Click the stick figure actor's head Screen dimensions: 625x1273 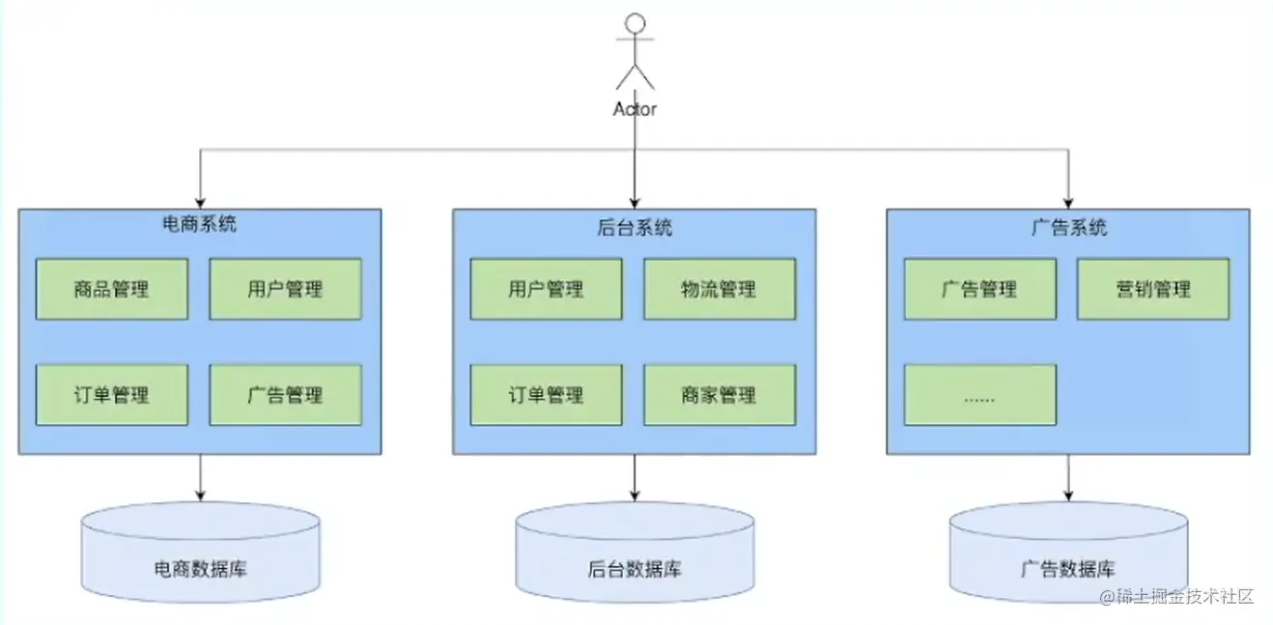pos(635,23)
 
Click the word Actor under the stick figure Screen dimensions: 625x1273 pos(635,109)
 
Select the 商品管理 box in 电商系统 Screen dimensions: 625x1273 pos(112,289)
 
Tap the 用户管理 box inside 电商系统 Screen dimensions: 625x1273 pos(285,289)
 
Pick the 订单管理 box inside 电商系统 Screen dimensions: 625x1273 pos(112,395)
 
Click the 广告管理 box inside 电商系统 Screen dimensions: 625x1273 pos(285,395)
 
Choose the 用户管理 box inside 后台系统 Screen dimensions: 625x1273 pos(546,289)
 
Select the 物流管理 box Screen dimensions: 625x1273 pos(720,289)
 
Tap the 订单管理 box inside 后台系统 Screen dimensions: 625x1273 pos(546,395)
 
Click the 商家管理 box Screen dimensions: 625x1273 pos(720,395)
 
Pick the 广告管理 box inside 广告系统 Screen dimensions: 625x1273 pos(979,289)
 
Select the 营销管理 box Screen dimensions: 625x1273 pos(1153,289)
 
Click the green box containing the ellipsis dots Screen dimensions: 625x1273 pos(979,395)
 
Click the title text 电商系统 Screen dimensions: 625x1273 pos(199,226)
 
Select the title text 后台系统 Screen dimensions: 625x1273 pos(635,228)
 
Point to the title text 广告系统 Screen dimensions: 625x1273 pos(1068,228)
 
